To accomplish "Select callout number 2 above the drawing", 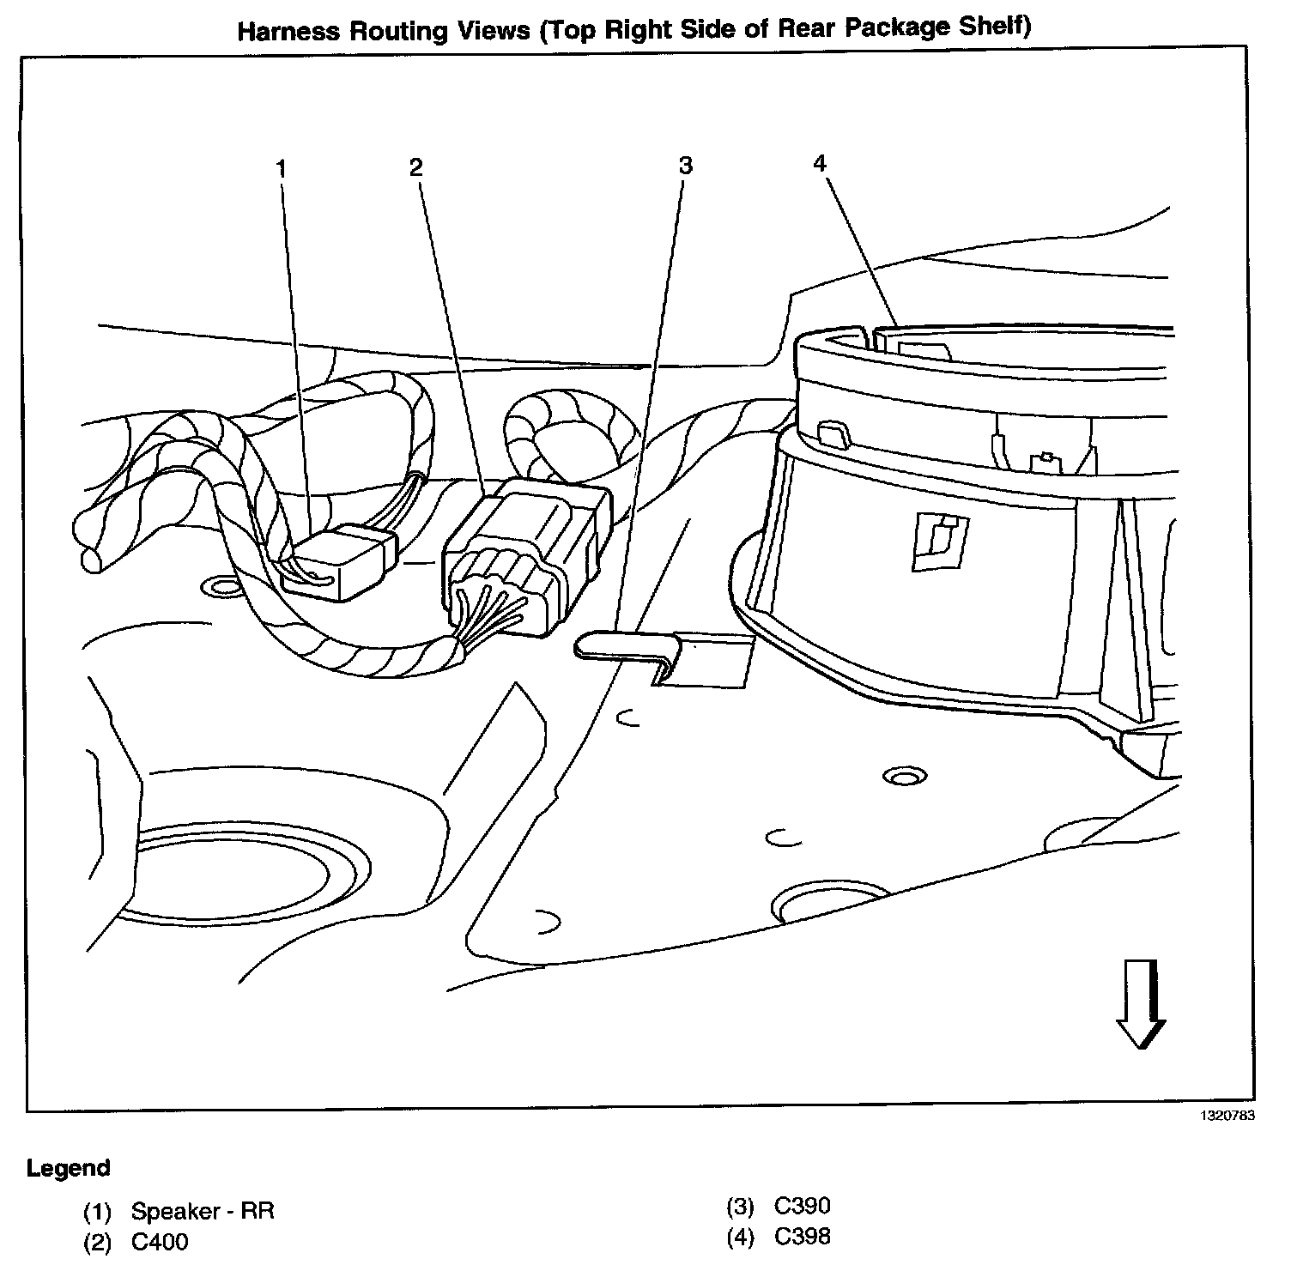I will (416, 166).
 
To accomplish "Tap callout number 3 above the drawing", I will (684, 165).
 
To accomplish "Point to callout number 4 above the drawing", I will (820, 162).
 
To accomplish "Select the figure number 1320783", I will (1227, 1117).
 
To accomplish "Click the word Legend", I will (69, 1168).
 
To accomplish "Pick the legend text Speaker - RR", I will (203, 1212).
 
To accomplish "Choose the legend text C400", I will (160, 1241).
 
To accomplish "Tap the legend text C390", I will (802, 1206).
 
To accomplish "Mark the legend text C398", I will (802, 1236).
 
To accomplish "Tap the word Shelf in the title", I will (996, 27).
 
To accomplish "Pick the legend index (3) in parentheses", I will (739, 1207).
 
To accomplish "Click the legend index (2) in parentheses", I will (97, 1242).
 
